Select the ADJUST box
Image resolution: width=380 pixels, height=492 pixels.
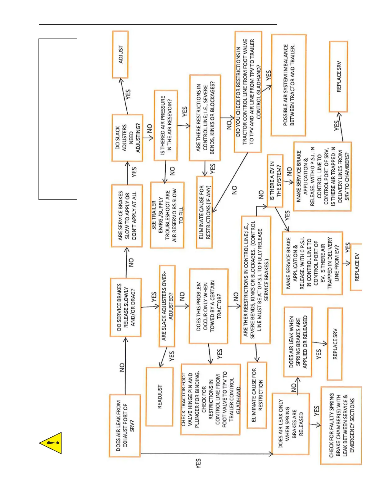(120, 55)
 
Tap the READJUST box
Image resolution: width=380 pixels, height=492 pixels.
(160, 397)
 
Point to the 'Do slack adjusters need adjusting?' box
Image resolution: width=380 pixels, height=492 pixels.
(127, 138)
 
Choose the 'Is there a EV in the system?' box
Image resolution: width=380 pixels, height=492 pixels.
(275, 181)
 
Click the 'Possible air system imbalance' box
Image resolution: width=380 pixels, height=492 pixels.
(288, 85)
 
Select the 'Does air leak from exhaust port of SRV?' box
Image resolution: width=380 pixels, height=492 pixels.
(125, 426)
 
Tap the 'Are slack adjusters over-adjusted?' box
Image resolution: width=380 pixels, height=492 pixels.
(167, 306)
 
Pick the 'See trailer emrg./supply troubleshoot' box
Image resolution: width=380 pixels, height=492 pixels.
(167, 215)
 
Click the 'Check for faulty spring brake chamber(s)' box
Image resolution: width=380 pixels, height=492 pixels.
(341, 425)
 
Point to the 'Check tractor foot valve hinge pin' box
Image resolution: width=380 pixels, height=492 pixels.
(210, 399)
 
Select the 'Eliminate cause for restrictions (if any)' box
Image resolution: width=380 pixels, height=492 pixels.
(204, 212)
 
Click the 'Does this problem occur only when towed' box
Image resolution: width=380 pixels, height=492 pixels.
(209, 306)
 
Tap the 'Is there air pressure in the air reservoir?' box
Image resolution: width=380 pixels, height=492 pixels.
(166, 125)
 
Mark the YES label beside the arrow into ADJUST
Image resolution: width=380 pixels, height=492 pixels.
(128, 94)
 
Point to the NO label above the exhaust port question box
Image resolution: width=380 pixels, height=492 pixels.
(122, 367)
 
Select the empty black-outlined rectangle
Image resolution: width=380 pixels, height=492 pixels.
(58, 119)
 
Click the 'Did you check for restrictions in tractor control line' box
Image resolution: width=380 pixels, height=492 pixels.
(248, 92)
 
